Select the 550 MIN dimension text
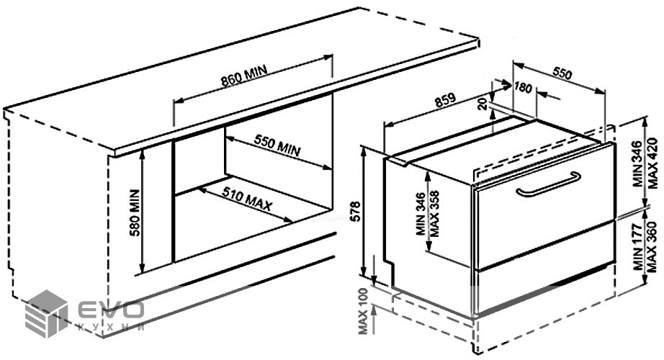coord(277,146)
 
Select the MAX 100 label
coord(362,312)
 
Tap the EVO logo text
coord(109,310)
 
